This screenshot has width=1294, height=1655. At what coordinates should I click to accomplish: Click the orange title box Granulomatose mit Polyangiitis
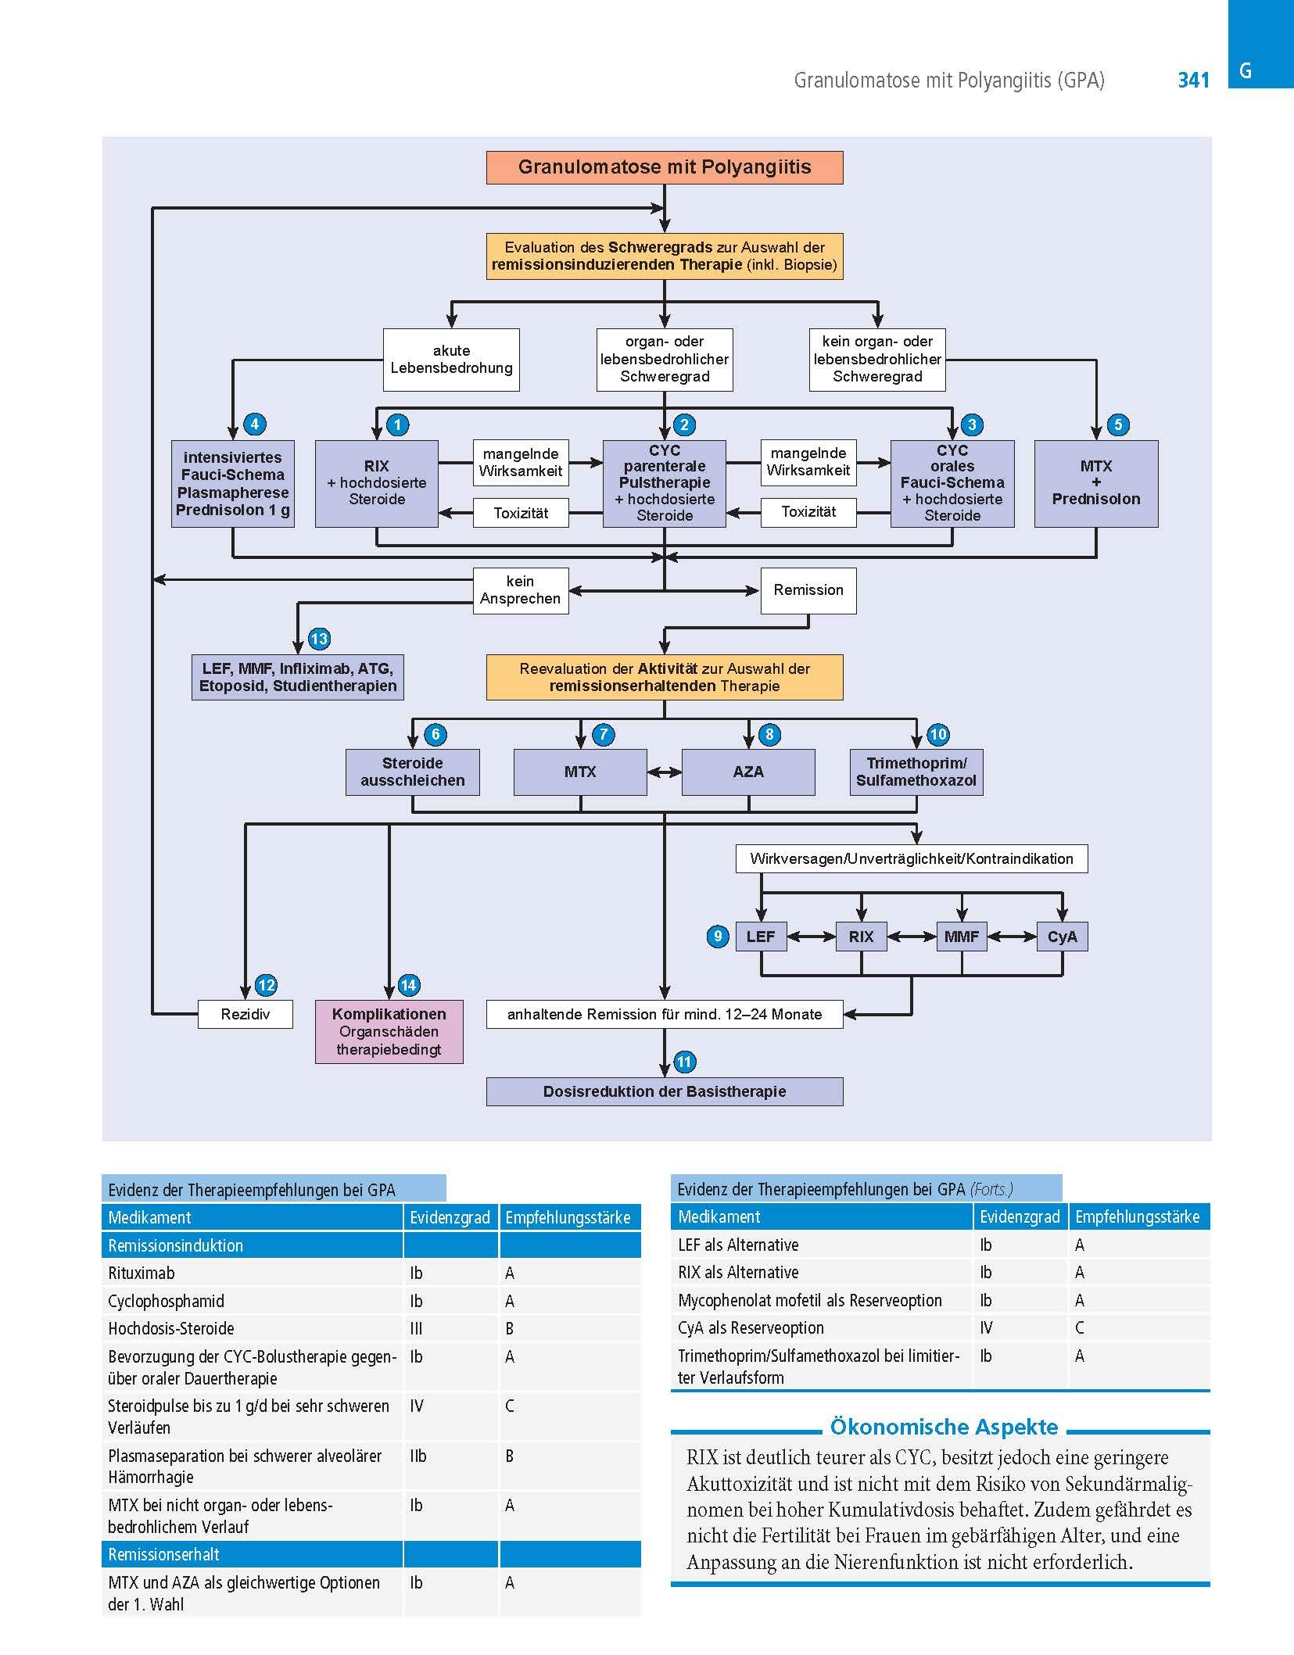[x=665, y=167]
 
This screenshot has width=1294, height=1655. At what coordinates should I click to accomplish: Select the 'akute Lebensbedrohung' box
[x=451, y=360]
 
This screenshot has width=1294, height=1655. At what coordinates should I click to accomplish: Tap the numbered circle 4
[x=255, y=424]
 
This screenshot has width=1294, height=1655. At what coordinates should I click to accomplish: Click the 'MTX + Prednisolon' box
[x=1096, y=483]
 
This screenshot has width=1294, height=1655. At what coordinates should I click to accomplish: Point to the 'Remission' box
[x=808, y=590]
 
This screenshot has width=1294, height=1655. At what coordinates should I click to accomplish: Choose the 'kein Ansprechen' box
[x=521, y=590]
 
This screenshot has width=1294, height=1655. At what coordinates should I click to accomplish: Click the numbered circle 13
[x=319, y=639]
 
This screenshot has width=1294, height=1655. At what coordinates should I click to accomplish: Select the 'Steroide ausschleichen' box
[x=413, y=772]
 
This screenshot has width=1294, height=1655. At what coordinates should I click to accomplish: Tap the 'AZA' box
[x=748, y=772]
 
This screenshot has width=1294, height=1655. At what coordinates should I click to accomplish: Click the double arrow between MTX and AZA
[x=665, y=772]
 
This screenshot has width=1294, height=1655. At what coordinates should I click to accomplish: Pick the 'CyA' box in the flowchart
[x=1063, y=937]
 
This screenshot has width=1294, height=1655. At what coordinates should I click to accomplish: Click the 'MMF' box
[x=962, y=937]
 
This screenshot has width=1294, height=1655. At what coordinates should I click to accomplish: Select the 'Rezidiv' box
[x=246, y=1015]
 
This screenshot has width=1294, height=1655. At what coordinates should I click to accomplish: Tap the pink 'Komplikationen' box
[x=389, y=1032]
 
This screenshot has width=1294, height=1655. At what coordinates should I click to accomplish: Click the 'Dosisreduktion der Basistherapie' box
[x=665, y=1091]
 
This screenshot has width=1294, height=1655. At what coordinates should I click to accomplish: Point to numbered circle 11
[x=684, y=1062]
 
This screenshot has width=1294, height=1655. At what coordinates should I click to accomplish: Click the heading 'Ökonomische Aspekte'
[x=944, y=1427]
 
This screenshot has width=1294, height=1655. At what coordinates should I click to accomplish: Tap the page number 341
[x=1193, y=80]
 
